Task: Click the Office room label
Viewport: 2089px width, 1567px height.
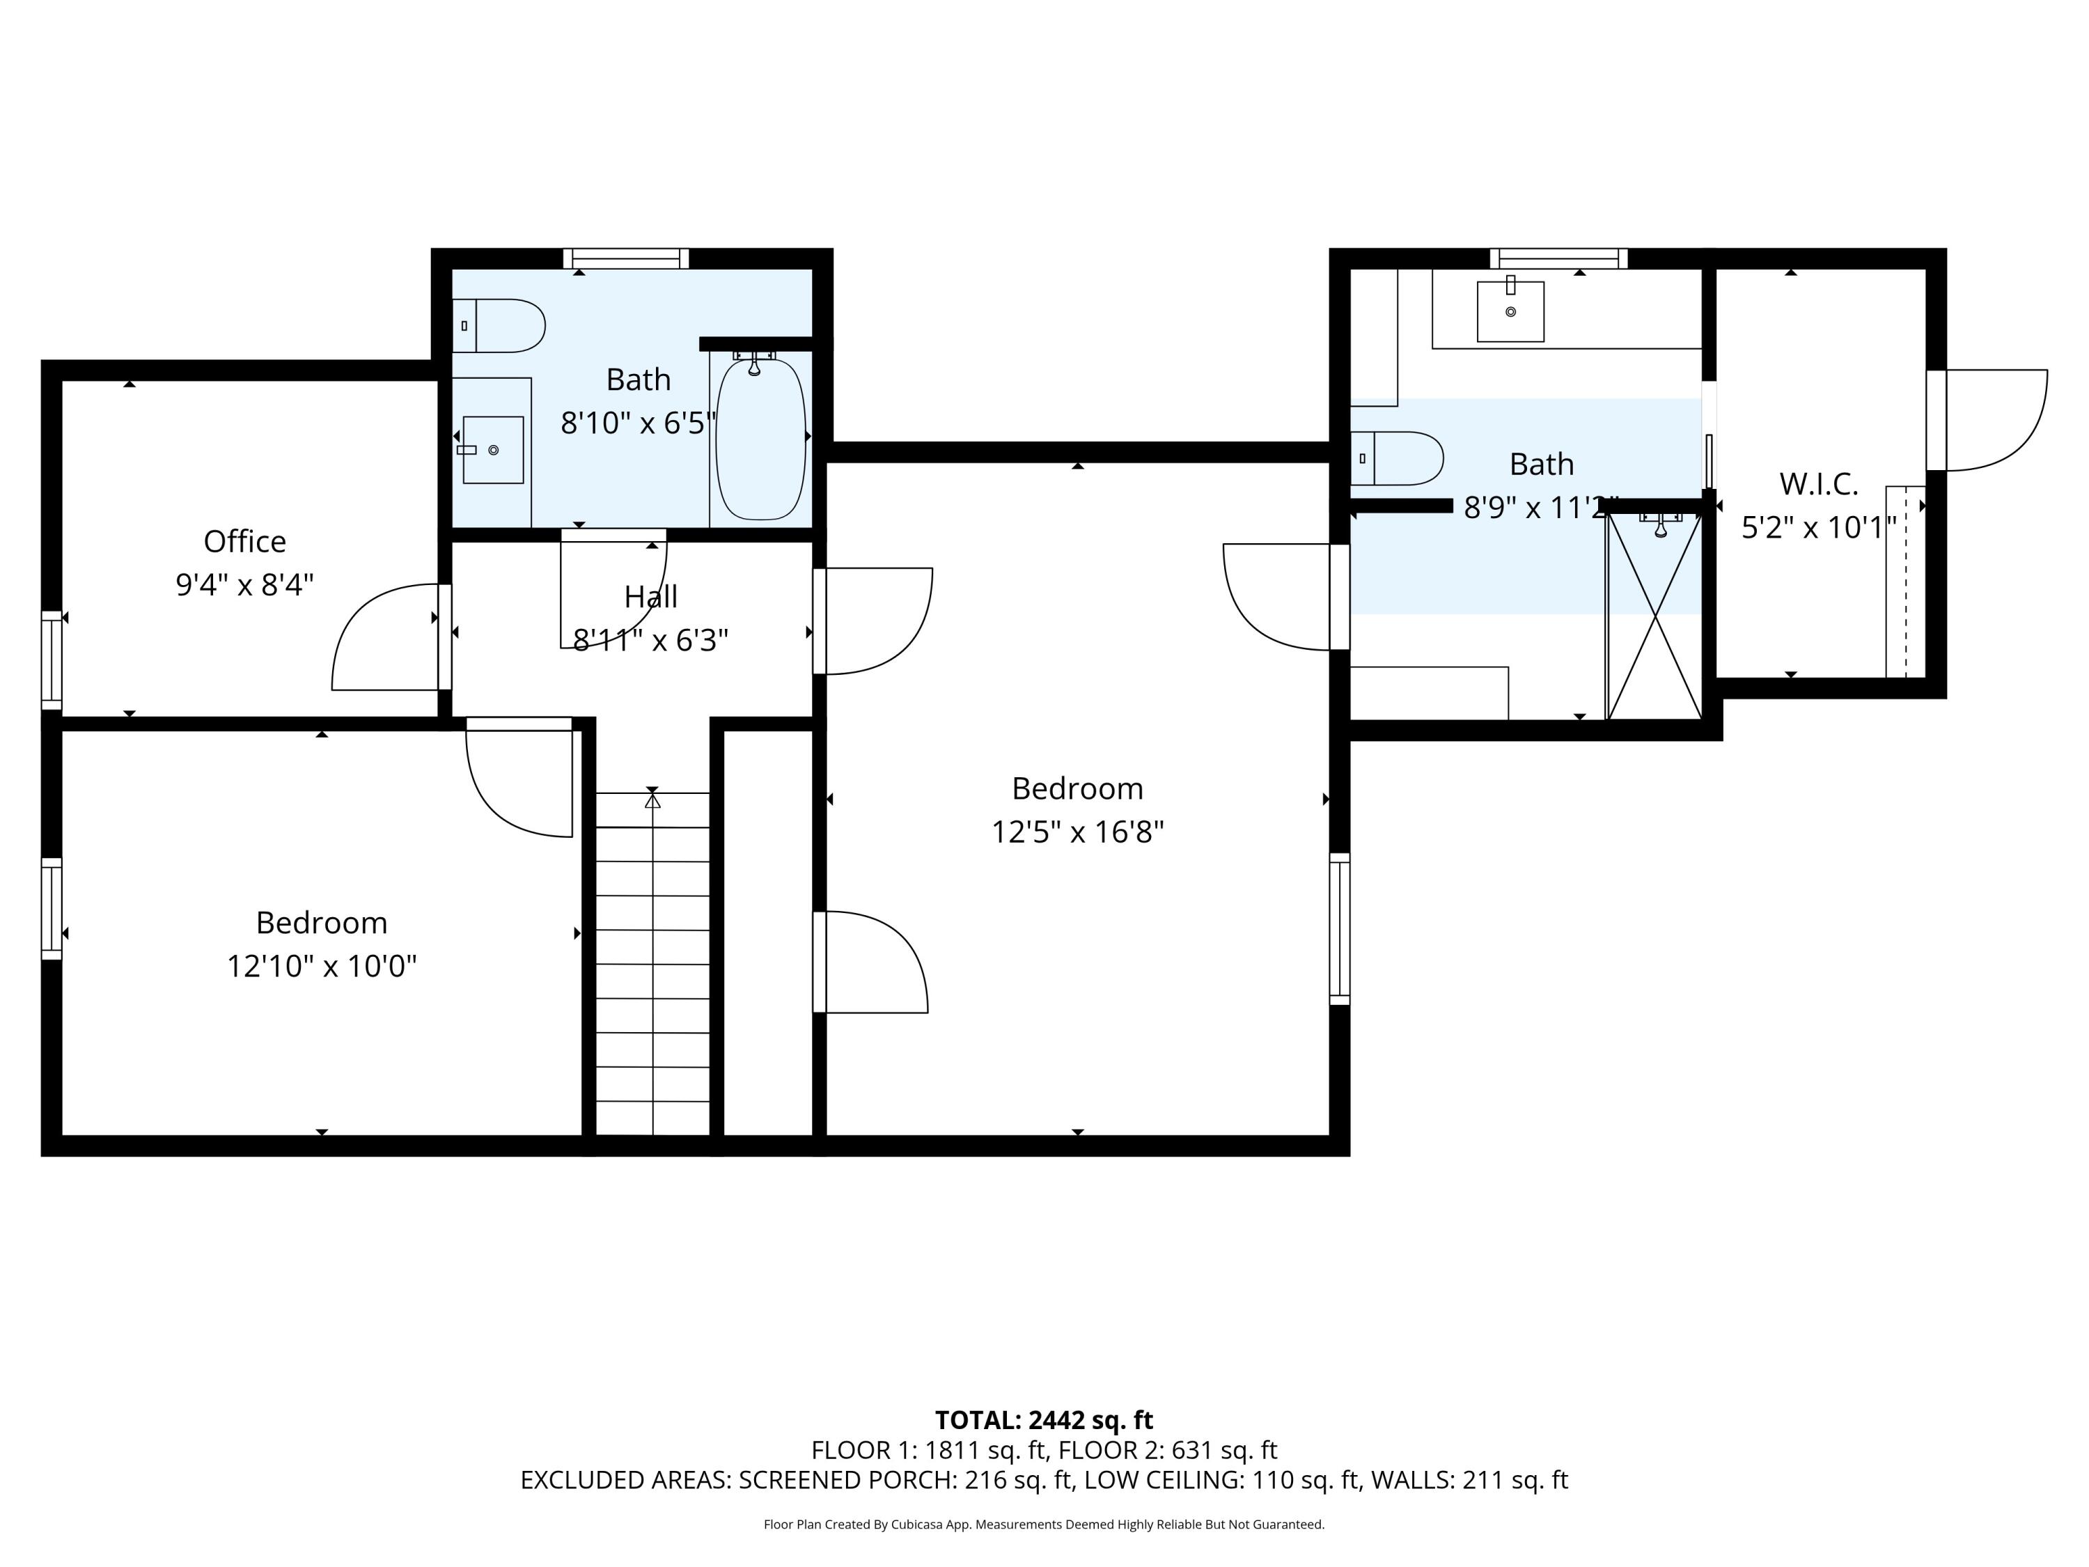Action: tap(244, 541)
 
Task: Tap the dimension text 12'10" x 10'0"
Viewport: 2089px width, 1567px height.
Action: tap(321, 966)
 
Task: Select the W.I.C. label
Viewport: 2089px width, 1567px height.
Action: tap(1818, 483)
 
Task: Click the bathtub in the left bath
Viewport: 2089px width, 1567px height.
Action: tap(760, 439)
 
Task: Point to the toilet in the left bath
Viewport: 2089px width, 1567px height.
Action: tap(499, 326)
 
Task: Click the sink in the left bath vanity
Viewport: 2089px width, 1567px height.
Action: tap(493, 450)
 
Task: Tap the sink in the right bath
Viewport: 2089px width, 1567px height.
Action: tap(1510, 311)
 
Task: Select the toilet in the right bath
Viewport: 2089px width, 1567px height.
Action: tap(1397, 458)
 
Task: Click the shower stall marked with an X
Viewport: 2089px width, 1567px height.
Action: tap(1654, 616)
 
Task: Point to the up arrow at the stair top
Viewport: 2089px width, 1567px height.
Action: tap(652, 801)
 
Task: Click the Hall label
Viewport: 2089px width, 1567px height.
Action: tap(650, 597)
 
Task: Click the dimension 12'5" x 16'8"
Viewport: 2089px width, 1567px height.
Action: tap(1077, 832)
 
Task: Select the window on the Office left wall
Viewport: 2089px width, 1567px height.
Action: tap(52, 660)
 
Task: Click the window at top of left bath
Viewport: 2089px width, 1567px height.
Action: tap(626, 258)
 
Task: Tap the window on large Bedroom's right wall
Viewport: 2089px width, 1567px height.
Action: tap(1339, 928)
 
